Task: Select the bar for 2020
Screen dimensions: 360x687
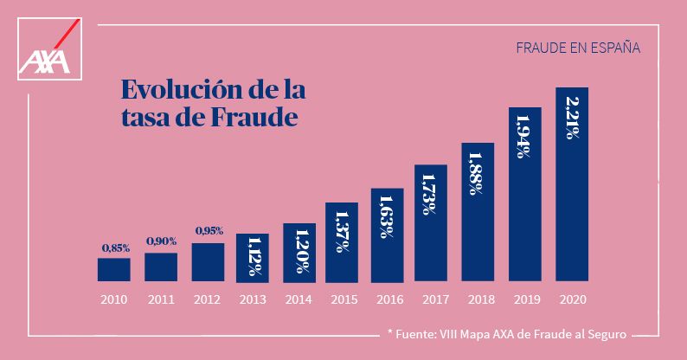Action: [572, 184]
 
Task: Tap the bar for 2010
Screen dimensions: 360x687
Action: [113, 269]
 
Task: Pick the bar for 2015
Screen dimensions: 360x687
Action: [342, 241]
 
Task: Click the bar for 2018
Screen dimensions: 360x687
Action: [478, 212]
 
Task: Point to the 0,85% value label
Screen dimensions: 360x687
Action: [115, 248]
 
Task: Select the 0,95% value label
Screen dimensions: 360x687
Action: [209, 231]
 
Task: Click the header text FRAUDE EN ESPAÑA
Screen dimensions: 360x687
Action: [577, 48]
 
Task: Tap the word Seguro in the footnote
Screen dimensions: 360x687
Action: [603, 333]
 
